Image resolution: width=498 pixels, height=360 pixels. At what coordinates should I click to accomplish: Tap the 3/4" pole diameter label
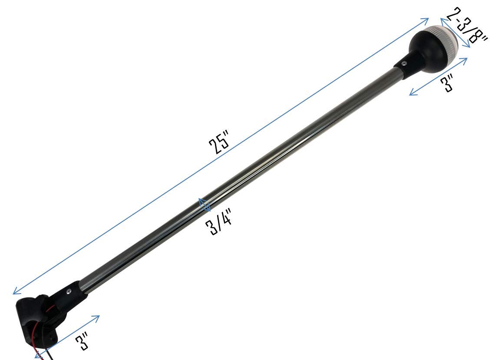tap(220, 221)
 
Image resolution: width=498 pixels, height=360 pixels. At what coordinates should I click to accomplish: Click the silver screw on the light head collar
tap(404, 63)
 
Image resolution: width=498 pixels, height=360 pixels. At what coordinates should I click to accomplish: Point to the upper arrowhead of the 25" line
tap(426, 20)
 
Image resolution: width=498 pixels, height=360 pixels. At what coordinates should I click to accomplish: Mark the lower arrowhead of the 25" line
tap(15, 293)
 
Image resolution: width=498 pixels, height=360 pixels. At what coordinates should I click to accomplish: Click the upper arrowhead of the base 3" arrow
tap(98, 317)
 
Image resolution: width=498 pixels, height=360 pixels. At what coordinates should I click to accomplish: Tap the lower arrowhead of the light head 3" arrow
tap(412, 93)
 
